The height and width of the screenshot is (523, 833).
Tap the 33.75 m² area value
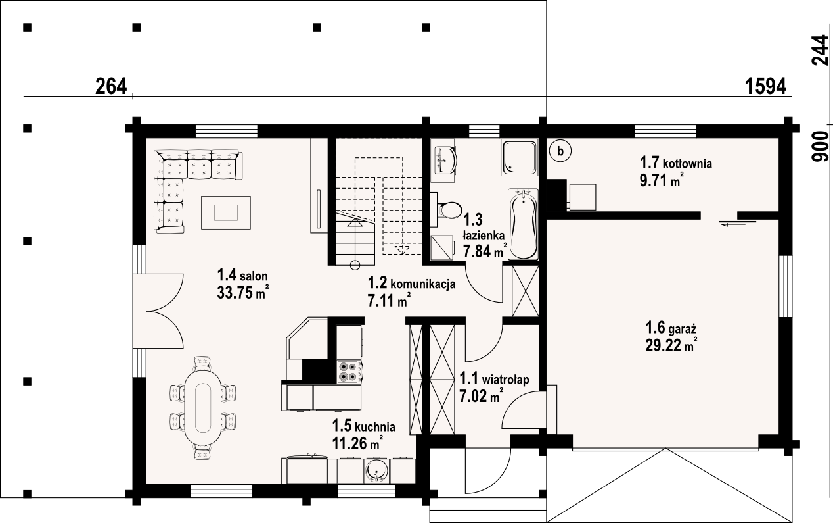click(x=242, y=293)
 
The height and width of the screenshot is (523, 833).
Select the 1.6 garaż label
click(x=671, y=326)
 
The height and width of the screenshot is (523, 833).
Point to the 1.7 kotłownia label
click(x=676, y=162)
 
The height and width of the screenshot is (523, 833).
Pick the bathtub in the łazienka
click(x=524, y=224)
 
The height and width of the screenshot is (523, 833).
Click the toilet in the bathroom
click(x=449, y=211)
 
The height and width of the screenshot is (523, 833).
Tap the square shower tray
click(x=519, y=157)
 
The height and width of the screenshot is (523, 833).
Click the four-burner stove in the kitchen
click(x=348, y=372)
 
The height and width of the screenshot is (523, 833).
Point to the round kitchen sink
click(x=377, y=470)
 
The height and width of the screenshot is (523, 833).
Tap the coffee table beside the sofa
click(x=225, y=212)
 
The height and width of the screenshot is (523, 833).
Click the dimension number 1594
click(x=765, y=86)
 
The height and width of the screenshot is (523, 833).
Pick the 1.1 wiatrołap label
click(x=494, y=380)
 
